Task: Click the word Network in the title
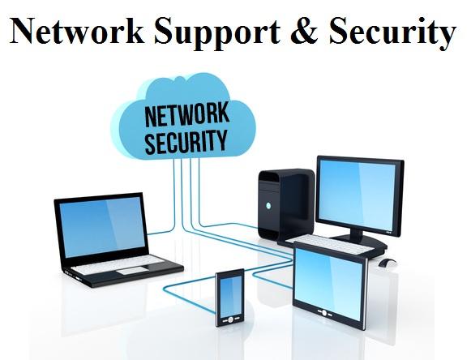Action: coord(77,32)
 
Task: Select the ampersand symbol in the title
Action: coord(304,31)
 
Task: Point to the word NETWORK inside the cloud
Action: coord(186,115)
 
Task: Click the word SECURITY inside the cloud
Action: coord(186,142)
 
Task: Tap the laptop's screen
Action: coord(102,228)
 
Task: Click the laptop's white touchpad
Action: coord(132,271)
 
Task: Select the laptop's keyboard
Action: coord(118,265)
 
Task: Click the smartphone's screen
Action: coord(230,294)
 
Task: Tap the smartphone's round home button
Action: coord(230,319)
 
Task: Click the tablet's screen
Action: coord(328,283)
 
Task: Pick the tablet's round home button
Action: coord(324,313)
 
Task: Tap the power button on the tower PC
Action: coord(268,206)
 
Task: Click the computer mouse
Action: coord(388,263)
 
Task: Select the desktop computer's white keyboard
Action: coord(331,244)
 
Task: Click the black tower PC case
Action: coord(286,205)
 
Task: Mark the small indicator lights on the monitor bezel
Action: coord(388,232)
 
